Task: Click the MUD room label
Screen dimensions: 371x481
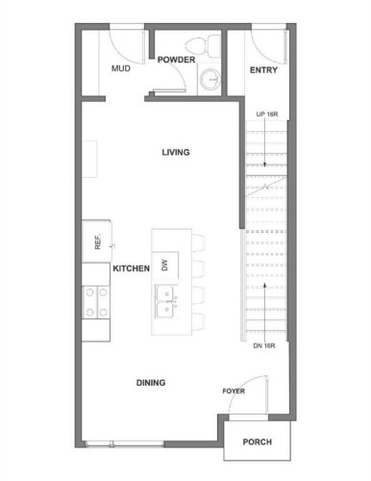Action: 121,68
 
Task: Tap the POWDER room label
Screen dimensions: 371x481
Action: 176,60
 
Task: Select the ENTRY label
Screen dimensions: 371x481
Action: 263,70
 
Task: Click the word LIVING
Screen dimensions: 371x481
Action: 176,152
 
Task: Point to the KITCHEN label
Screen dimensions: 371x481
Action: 131,268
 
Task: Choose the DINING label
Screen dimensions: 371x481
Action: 151,383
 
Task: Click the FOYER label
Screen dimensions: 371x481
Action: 234,391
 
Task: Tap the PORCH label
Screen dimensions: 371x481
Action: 258,442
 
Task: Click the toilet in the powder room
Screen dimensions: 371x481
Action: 203,45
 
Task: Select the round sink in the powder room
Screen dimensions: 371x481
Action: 210,79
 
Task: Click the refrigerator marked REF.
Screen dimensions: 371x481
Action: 97,240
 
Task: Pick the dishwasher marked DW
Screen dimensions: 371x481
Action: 165,266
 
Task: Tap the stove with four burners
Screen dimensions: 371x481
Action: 96,302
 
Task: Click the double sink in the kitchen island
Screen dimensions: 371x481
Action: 166,301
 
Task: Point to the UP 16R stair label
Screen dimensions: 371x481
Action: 267,114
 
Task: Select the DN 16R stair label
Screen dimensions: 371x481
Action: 264,345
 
